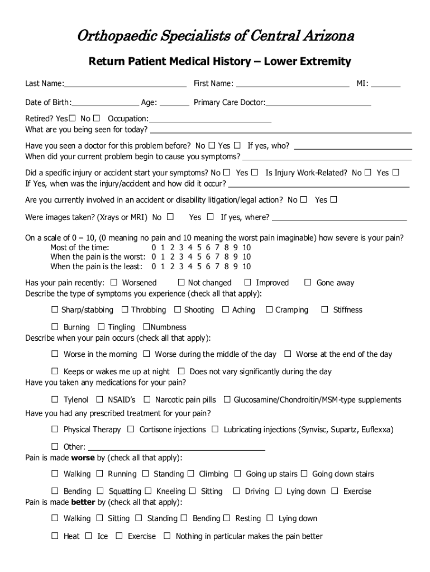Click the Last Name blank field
pos(125,84)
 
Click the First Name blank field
pos(293,84)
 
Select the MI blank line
pos(386,84)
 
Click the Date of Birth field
pos(106,103)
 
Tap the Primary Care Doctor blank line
pos(318,103)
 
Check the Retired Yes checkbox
pos(72,118)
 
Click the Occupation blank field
pos(211,119)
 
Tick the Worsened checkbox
pos(114,283)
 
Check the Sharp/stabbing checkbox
pos(55,309)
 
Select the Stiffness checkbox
pos(324,309)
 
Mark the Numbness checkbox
pos(146,327)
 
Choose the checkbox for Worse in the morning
pos(55,354)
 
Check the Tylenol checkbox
pos(55,399)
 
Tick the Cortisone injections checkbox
pos(131,430)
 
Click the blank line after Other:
pos(176,447)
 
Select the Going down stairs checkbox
pos(304,474)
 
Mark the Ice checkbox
pos(88,536)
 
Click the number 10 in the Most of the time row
pos(246,247)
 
